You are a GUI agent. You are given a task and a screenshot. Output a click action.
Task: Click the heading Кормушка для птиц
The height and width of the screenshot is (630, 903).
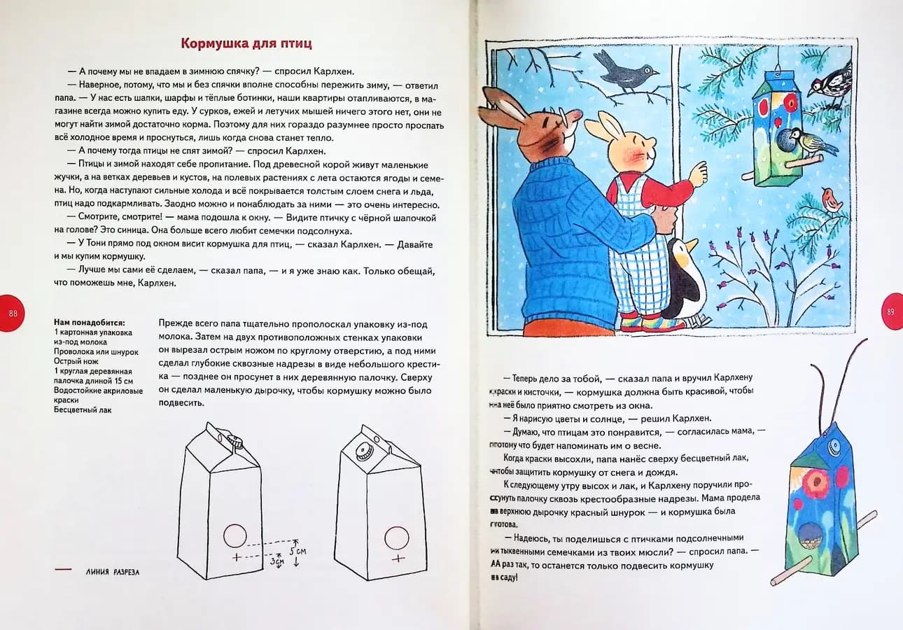(x=246, y=43)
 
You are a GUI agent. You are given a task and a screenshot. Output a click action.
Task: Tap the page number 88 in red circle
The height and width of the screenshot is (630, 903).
(x=13, y=312)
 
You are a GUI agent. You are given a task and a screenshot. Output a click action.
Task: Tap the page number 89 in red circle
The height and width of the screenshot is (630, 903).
(x=890, y=312)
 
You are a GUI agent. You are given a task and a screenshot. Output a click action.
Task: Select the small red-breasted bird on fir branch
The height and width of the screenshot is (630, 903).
(x=832, y=199)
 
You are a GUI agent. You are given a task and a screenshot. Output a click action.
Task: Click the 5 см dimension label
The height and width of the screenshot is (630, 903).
(x=299, y=552)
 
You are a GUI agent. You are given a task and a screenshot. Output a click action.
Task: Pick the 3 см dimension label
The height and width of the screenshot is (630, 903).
(x=279, y=561)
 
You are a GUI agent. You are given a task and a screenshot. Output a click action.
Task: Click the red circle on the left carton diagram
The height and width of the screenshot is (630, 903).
(x=234, y=536)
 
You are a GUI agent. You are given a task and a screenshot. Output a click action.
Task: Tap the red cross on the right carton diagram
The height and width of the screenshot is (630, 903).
(x=398, y=558)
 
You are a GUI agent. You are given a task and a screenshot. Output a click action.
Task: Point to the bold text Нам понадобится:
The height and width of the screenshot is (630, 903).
(x=89, y=323)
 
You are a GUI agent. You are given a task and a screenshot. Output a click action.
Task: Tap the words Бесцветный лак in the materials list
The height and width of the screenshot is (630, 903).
(x=82, y=409)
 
